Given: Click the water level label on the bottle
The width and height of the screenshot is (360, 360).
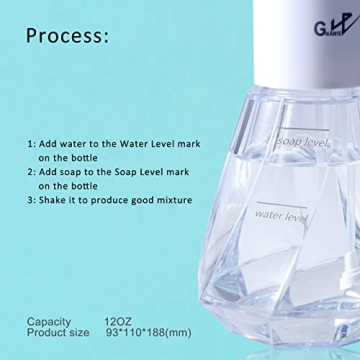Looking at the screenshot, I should click(281, 214).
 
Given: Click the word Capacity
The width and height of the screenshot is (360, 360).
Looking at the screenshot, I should click(49, 321).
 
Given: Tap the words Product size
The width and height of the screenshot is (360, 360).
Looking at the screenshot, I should click(59, 334).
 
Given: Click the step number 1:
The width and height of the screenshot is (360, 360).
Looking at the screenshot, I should click(32, 144).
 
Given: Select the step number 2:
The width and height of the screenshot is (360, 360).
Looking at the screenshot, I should click(32, 172).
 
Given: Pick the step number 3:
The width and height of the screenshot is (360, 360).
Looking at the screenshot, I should click(32, 200).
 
